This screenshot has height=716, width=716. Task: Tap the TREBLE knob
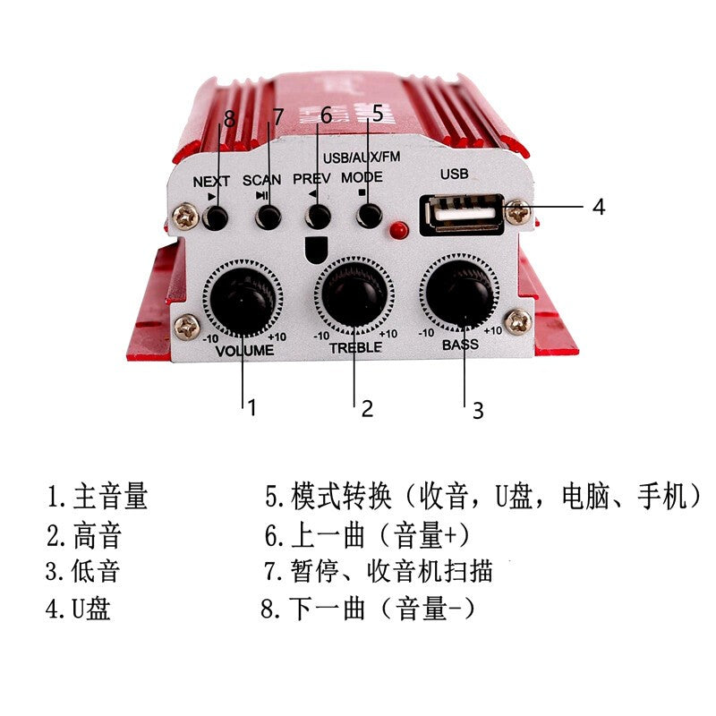[x=355, y=294]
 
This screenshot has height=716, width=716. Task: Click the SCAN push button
[x=268, y=217]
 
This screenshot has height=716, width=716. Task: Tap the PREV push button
[x=318, y=217]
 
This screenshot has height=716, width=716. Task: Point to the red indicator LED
[x=399, y=230]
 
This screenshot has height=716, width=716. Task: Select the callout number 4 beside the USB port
[x=599, y=207]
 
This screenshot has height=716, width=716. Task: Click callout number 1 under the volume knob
[x=252, y=407]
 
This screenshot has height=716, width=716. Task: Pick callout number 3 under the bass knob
[x=478, y=410]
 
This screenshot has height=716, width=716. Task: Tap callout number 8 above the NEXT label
[x=229, y=117]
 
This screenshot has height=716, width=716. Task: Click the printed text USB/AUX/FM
[x=362, y=157]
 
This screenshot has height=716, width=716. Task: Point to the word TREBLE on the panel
[x=355, y=346]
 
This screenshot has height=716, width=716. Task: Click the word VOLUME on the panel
[x=244, y=351]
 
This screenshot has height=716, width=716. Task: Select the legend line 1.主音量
[x=98, y=495]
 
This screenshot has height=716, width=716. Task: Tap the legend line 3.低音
[x=83, y=571]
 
